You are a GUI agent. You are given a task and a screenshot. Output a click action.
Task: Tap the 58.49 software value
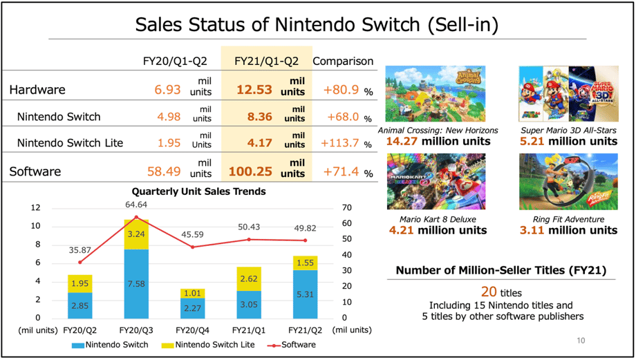(x=165, y=171)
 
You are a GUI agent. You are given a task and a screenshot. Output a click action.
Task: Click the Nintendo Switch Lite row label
(x=70, y=143)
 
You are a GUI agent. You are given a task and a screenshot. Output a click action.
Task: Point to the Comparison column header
(x=343, y=61)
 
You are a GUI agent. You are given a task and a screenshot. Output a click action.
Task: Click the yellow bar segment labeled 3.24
(x=136, y=234)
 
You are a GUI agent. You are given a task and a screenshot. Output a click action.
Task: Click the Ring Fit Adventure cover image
(x=569, y=181)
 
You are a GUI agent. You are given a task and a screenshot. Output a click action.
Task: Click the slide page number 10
(x=581, y=341)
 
